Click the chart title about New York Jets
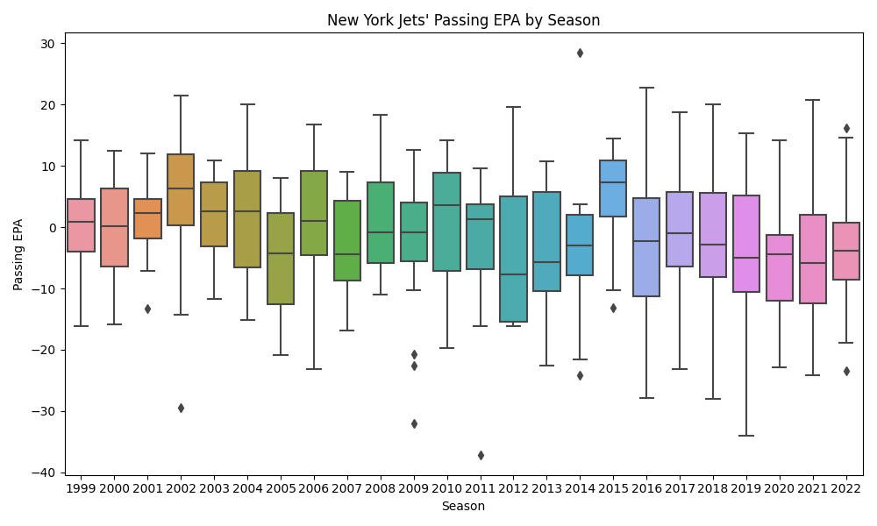[463, 20]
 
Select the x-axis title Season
[463, 506]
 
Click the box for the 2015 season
[613, 188]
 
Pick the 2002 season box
[181, 190]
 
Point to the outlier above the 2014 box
[580, 53]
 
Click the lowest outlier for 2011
[481, 455]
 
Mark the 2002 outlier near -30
[181, 408]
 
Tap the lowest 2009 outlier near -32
[414, 423]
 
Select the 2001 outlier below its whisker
[147, 309]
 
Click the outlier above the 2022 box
[846, 128]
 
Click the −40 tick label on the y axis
[45, 473]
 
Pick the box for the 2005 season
[281, 259]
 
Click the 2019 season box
[746, 244]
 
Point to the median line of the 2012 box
[513, 274]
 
